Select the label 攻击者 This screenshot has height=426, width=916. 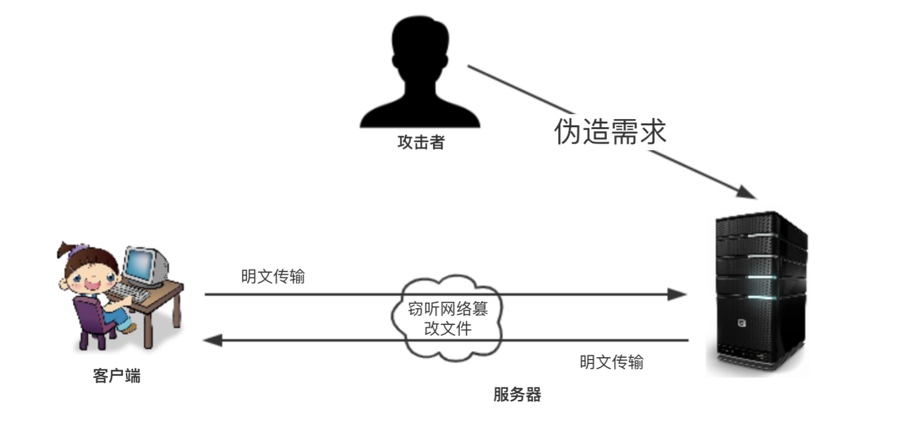point(421,143)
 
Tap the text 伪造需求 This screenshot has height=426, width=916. point(610,131)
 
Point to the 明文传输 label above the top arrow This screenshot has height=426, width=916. point(273,277)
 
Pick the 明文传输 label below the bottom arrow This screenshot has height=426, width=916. point(611,362)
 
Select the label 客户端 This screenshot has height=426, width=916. point(117,376)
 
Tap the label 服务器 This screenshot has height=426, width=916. point(517,394)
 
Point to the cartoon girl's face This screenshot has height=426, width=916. point(87,275)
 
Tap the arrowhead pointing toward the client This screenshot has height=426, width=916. point(213,340)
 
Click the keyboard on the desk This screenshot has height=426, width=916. point(131,291)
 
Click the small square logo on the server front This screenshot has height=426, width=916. point(740,322)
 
